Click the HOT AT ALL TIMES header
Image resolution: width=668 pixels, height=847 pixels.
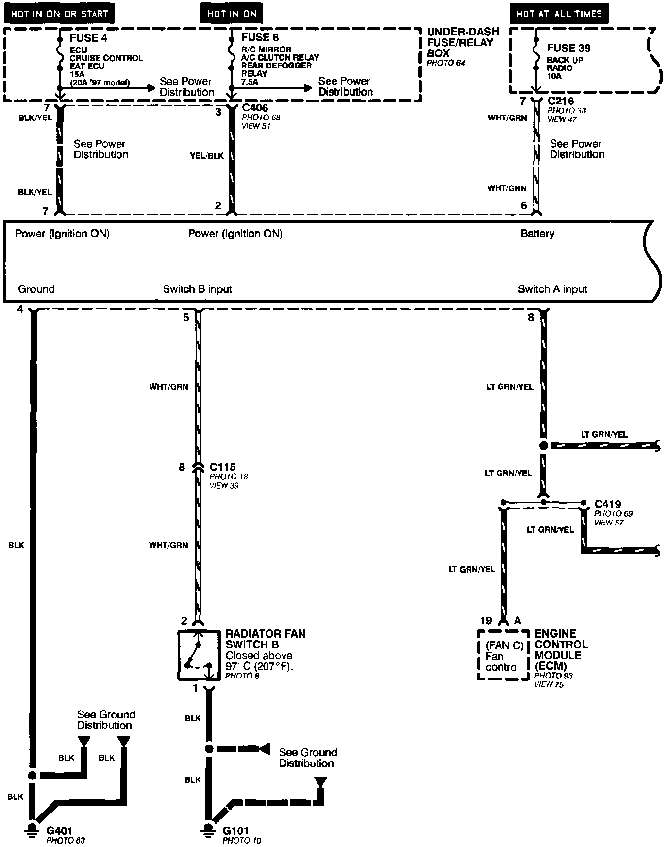[x=559, y=14]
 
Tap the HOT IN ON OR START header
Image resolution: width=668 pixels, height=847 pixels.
[x=59, y=14]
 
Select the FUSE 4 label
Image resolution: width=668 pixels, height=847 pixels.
[x=88, y=38]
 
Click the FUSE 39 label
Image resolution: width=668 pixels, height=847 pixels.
[x=568, y=48]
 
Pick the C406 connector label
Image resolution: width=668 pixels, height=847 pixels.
[x=255, y=108]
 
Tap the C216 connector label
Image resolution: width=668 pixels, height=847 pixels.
[x=561, y=102]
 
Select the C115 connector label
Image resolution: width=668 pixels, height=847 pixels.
[x=222, y=467]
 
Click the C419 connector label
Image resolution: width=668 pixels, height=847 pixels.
[x=607, y=504]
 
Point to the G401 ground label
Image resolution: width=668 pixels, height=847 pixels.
[x=59, y=831]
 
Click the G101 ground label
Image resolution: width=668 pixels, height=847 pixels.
[x=235, y=831]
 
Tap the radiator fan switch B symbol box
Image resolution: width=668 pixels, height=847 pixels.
[x=197, y=655]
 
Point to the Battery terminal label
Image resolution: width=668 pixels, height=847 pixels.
[x=537, y=234]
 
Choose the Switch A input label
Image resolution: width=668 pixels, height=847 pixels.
[x=552, y=289]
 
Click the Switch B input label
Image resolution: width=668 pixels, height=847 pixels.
[x=197, y=289]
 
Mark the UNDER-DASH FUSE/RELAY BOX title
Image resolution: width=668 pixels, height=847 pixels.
[x=462, y=42]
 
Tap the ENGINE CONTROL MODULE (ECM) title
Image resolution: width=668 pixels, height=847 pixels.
[x=561, y=650]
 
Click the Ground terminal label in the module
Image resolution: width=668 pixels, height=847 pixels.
[x=36, y=289]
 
